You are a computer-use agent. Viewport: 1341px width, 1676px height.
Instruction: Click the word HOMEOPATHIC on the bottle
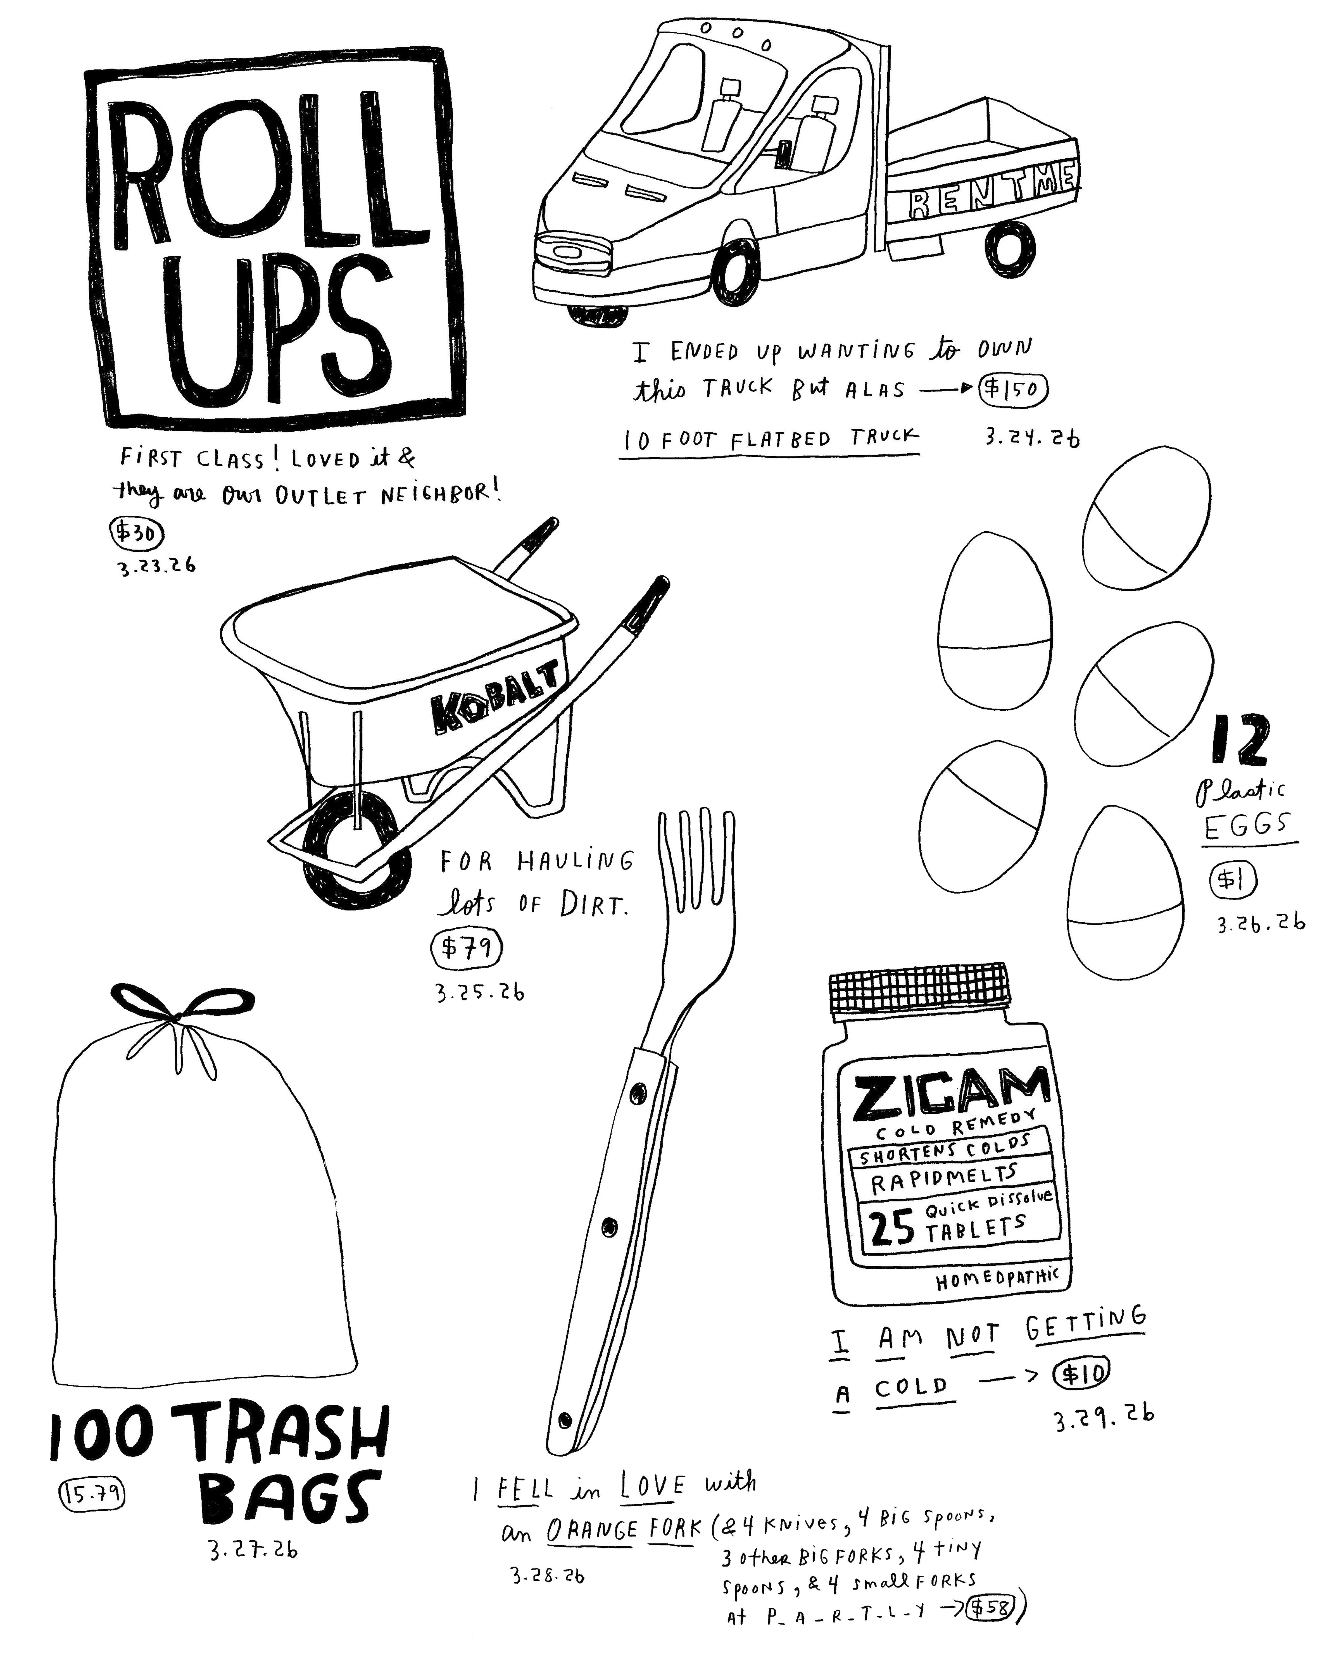coord(997,1279)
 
